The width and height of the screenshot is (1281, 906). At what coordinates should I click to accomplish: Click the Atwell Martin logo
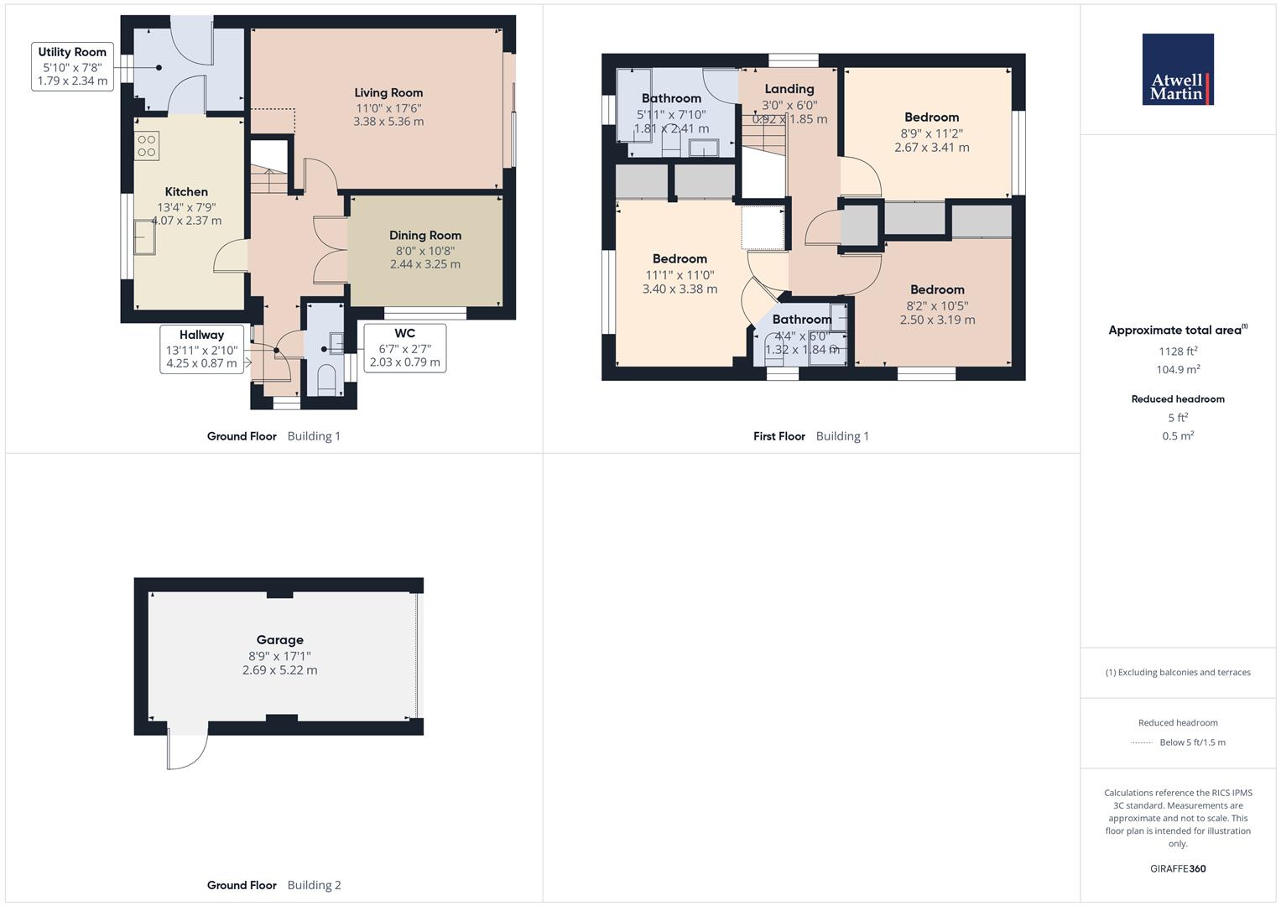tap(1178, 70)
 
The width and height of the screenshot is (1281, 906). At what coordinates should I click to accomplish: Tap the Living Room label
tap(388, 93)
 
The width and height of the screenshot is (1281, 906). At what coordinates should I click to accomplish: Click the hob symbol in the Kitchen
tap(147, 146)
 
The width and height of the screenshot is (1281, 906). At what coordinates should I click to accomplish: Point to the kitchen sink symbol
tap(145, 237)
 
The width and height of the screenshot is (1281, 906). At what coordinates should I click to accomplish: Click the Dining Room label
tap(425, 236)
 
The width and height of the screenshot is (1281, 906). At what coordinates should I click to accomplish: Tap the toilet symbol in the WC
tap(325, 379)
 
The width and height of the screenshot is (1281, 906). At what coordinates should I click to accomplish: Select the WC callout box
tap(404, 348)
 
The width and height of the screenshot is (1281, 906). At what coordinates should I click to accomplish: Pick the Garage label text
tap(280, 640)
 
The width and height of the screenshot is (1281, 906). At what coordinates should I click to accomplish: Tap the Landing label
tap(789, 89)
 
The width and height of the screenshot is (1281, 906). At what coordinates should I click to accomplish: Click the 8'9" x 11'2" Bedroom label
tap(931, 117)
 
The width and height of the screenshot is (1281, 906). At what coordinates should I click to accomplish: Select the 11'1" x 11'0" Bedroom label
tap(680, 259)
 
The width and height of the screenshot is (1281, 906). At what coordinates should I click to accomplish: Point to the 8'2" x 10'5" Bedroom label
tap(937, 290)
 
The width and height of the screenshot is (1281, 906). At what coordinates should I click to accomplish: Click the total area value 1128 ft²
tap(1178, 351)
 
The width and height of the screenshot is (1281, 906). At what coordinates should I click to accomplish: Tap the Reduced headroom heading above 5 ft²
tap(1178, 399)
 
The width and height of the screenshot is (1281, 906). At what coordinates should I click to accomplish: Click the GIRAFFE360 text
tap(1178, 869)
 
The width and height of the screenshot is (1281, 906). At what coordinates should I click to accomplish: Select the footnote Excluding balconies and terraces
tap(1178, 673)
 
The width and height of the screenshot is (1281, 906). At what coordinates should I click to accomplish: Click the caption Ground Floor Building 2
tap(273, 885)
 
